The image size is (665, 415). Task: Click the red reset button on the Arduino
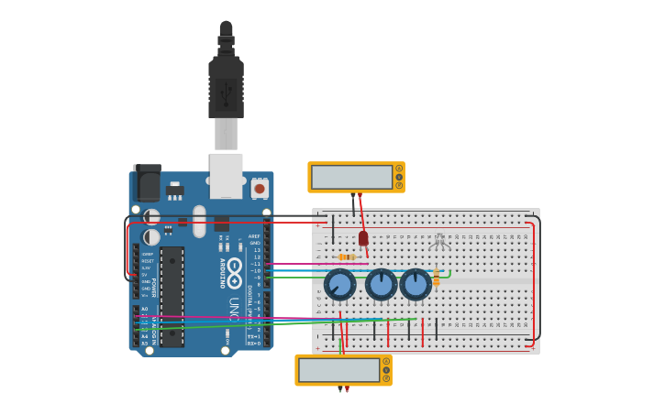(260, 189)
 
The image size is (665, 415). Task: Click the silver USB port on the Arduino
(226, 175)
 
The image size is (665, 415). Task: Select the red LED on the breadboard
(363, 238)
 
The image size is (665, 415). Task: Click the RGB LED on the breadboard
(439, 241)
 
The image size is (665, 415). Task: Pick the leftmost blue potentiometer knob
(340, 284)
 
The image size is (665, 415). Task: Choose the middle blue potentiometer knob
(381, 284)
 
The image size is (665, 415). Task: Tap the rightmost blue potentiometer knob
(416, 284)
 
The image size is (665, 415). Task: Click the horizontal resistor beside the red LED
(347, 257)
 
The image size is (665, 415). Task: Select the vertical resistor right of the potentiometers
(437, 277)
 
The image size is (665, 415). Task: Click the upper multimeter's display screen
(351, 177)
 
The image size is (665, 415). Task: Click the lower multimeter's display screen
(338, 370)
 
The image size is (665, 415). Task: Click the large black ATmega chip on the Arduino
(172, 297)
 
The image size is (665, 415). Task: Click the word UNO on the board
(234, 309)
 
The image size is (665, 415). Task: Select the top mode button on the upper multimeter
(399, 169)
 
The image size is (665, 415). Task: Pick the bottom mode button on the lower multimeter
(386, 378)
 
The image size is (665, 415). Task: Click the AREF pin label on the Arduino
(254, 235)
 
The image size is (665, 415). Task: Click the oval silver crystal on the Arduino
(199, 221)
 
